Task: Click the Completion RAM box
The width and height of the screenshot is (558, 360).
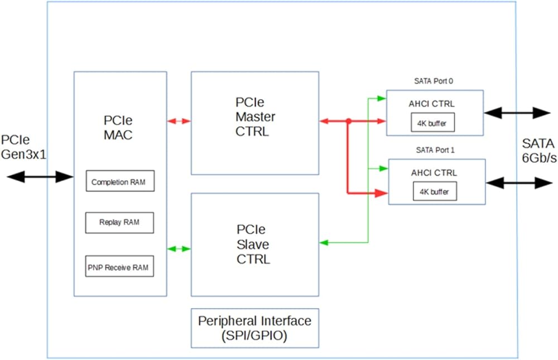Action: tap(119, 182)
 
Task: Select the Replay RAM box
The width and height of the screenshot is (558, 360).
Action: tap(119, 222)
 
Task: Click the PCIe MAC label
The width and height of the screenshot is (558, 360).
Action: tap(118, 128)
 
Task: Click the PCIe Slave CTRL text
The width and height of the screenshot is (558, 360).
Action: tap(253, 244)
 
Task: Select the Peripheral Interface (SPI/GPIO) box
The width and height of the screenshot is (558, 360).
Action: tap(255, 328)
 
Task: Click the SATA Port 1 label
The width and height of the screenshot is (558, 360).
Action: tap(435, 150)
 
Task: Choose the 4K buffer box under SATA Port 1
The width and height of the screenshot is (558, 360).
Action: tap(435, 192)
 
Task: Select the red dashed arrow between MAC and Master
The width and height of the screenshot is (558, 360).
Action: tap(179, 121)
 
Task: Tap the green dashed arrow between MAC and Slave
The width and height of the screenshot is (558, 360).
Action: tap(179, 248)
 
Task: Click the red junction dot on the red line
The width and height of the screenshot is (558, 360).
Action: tap(348, 121)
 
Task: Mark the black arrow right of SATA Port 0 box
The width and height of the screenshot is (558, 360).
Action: tap(517, 113)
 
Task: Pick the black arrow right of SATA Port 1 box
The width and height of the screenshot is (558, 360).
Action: tap(519, 183)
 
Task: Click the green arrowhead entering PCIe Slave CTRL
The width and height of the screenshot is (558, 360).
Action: tap(324, 242)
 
